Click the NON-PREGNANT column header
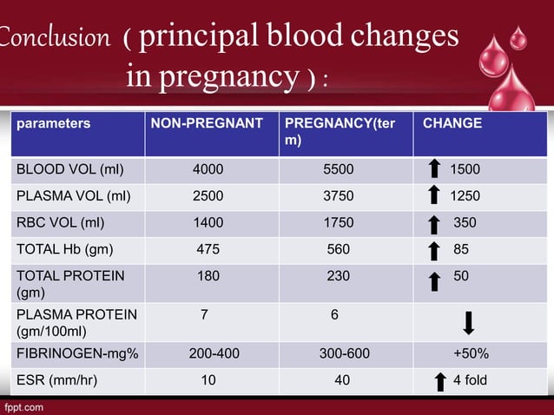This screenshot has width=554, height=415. click(x=207, y=123)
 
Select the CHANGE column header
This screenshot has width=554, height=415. click(x=452, y=123)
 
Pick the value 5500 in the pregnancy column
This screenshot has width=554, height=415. click(x=338, y=169)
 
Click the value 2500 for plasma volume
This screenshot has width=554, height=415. click(x=208, y=196)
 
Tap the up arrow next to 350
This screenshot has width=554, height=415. click(x=434, y=224)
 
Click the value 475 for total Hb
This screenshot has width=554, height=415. click(x=208, y=249)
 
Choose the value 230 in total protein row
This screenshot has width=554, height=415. click(x=338, y=276)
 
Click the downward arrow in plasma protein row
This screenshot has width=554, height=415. click(x=468, y=323)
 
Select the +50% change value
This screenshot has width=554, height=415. click(x=471, y=354)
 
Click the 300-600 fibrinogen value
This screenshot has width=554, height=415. click(x=340, y=354)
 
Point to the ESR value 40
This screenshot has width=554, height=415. click(x=342, y=380)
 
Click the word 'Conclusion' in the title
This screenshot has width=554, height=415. click(x=54, y=38)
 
